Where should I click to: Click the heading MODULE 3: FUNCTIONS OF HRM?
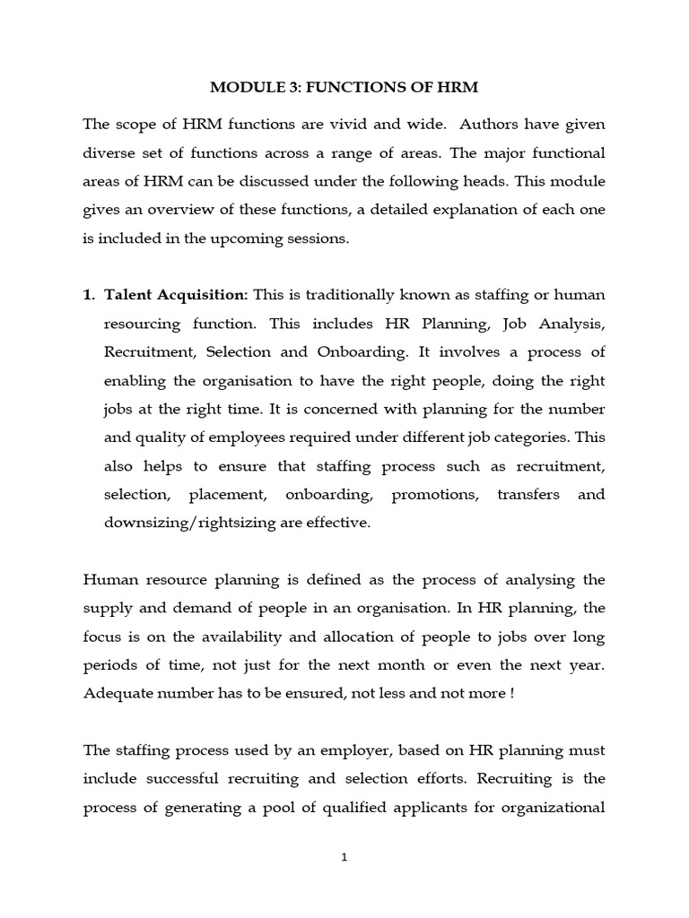click(x=344, y=88)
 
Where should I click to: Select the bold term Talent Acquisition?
click(x=176, y=295)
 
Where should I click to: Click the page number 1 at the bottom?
click(x=344, y=857)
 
